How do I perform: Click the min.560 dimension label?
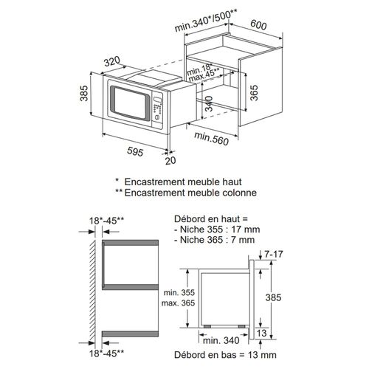click(213, 137)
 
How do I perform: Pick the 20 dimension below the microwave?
click(172, 161)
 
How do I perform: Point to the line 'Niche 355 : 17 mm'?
click(213, 230)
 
